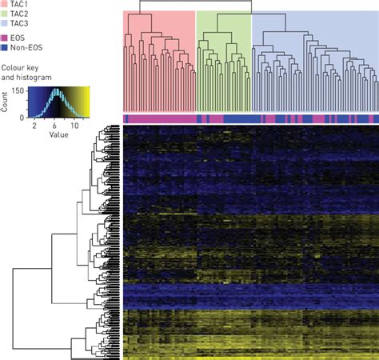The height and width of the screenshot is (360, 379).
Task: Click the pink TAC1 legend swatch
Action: (5, 4)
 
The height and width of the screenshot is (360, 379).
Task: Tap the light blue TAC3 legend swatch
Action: (5, 25)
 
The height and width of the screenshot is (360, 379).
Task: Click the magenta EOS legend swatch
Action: (5, 38)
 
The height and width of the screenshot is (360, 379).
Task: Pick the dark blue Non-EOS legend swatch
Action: (5, 48)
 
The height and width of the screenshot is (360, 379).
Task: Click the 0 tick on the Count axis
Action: (22, 117)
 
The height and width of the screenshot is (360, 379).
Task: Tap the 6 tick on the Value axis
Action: (54, 126)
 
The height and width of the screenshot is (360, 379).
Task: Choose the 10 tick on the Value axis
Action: (74, 126)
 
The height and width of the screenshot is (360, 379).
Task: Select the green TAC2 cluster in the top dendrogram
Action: (223, 64)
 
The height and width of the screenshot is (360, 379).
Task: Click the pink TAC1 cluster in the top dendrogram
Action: (159, 64)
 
